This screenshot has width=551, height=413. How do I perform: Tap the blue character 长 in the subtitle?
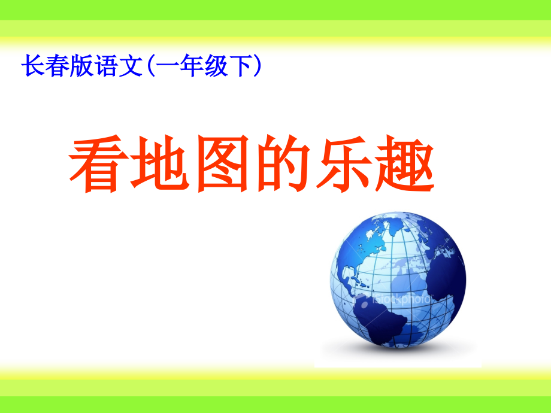pos(32,66)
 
